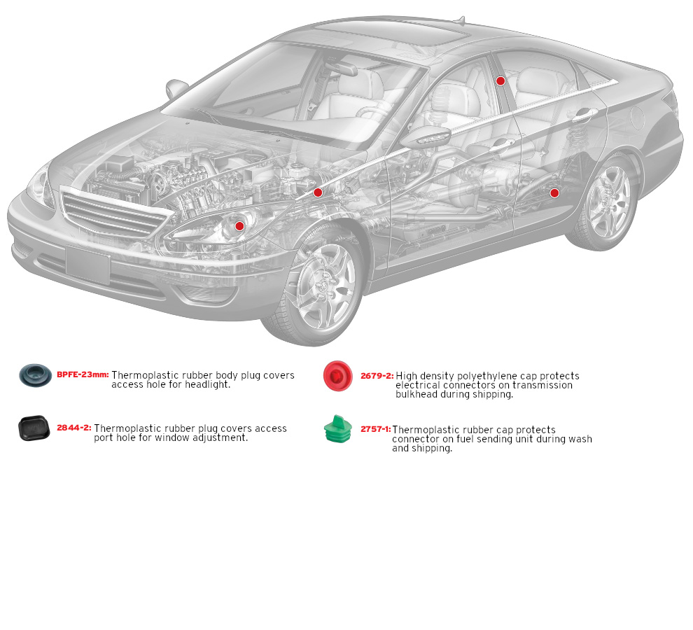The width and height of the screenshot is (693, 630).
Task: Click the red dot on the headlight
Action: coord(239,225)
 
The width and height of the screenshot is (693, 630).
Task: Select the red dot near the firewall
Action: coord(318,192)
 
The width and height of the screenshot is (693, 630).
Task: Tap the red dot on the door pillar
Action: coord(500,81)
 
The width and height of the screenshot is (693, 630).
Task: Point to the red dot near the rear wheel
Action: coord(554,192)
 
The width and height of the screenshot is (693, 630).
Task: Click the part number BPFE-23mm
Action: coord(83,374)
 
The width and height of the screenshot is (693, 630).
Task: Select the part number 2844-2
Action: coord(74,428)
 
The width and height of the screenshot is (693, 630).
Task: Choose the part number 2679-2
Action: coord(377,376)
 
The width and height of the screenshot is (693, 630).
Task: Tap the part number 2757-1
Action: coord(375,429)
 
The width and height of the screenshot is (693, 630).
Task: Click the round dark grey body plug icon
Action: coord(35,375)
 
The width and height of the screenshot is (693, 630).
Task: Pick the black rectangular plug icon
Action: coord(34,428)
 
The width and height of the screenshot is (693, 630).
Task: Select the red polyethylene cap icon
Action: coord(337,376)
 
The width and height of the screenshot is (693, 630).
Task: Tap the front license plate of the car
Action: coord(87,265)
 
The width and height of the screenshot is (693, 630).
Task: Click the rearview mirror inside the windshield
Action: coord(343,69)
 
